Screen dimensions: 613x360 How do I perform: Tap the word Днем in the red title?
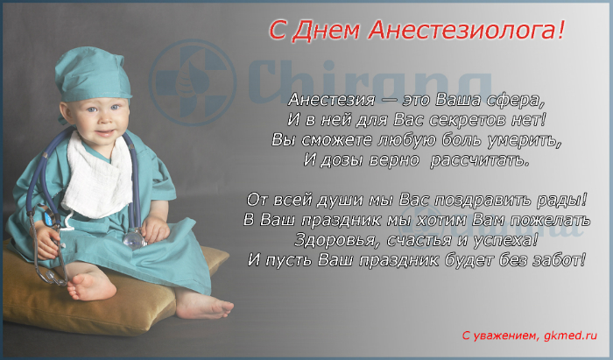tap(325, 30)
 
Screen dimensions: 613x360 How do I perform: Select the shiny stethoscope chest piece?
tap(134, 238)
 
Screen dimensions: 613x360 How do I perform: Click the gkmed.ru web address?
tap(570, 335)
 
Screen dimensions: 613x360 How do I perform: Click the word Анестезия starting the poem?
tap(331, 100)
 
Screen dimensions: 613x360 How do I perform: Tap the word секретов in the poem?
tap(468, 120)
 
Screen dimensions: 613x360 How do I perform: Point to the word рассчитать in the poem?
tap(480, 160)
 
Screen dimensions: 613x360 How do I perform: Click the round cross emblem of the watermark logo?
tap(193, 82)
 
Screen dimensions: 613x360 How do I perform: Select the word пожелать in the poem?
tap(550, 220)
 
